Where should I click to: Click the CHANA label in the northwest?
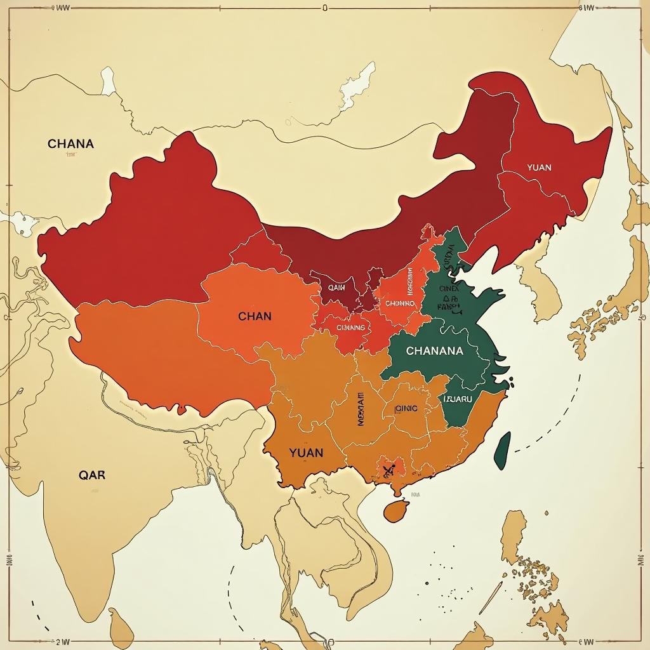coord(70,143)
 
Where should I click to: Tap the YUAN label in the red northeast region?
coord(539,168)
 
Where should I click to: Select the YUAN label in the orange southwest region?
coord(306,453)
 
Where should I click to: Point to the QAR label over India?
coord(92,474)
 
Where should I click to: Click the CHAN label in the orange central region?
coord(255,316)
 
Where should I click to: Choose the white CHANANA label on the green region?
coord(434,350)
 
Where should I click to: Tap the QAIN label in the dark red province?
coord(336,287)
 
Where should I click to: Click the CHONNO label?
coord(399,303)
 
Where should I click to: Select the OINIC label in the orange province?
coord(406,409)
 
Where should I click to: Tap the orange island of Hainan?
coord(396,510)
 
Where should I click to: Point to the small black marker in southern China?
coord(388,470)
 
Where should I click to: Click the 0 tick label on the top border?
coord(324,8)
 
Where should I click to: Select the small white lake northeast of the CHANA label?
coord(108,81)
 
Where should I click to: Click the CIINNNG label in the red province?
coord(350,328)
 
